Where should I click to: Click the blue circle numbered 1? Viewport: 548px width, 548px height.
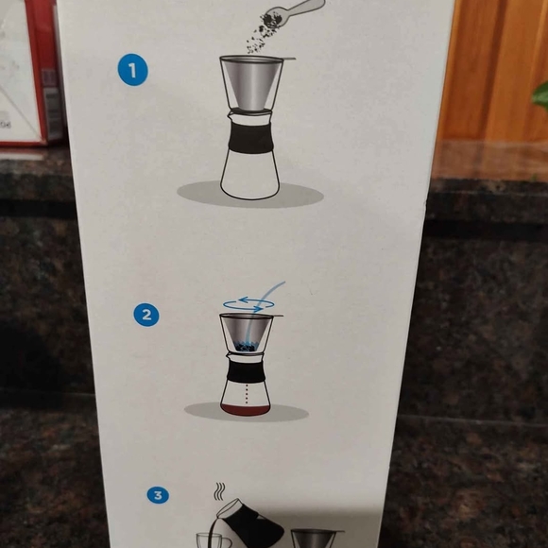[x=133, y=70]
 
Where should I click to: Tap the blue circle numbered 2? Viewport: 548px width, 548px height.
[x=145, y=315]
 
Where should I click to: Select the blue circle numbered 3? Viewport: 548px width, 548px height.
[x=159, y=494]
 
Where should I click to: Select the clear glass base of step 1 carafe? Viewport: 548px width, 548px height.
[x=249, y=176]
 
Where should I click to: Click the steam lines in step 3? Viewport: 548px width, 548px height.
[x=219, y=491]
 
